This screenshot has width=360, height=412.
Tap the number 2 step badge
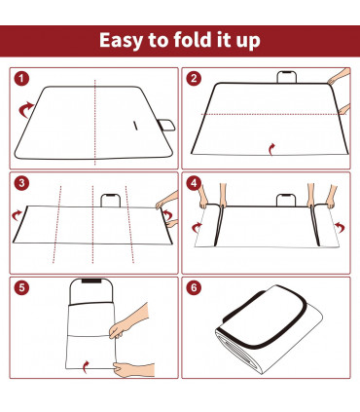click(195, 79)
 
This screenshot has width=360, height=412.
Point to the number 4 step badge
click(195, 182)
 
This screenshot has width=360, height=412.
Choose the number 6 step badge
click(195, 285)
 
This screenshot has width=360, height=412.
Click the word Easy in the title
click(126, 41)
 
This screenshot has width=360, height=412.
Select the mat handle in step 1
click(166, 124)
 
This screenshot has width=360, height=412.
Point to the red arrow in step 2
click(271, 148)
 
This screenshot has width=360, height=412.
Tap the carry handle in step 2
click(287, 76)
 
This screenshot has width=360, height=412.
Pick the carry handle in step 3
click(111, 199)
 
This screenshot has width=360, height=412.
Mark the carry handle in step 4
click(286, 200)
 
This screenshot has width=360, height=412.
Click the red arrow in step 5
click(90, 366)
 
